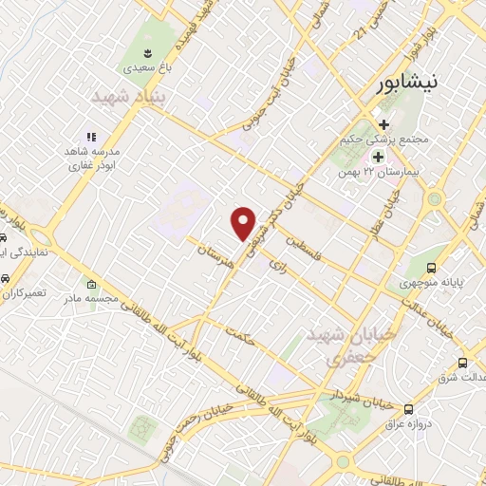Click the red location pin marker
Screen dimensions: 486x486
245,222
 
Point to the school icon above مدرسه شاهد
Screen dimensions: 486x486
91,138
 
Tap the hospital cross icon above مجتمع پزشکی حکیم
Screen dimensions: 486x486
383,123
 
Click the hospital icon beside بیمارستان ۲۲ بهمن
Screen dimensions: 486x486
379,157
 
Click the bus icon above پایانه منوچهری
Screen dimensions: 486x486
432,268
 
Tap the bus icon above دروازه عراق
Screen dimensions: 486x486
408,409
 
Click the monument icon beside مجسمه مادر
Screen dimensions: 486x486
91,284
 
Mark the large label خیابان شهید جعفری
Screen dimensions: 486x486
334,348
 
